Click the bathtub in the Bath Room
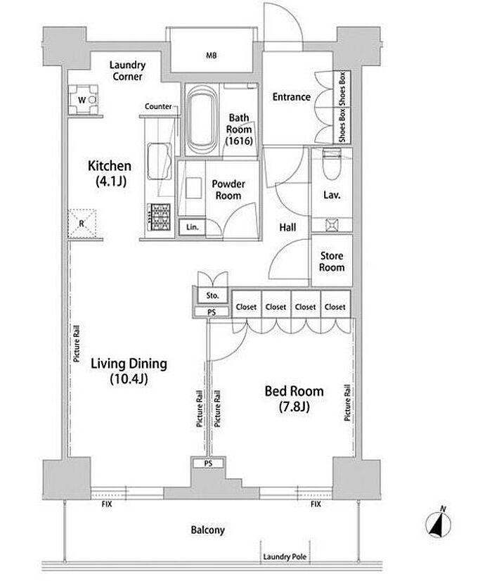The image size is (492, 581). coord(200,119)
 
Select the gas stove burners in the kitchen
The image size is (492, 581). coord(159,217)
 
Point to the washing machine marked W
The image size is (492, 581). coord(84,100)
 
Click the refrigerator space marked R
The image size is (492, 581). coord(82,223)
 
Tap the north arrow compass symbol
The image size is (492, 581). coord(439,523)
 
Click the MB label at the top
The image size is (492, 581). coord(211,56)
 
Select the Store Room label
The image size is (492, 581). coord(332,261)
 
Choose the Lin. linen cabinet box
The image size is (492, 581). coord(192,226)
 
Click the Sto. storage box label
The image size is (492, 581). coord(212,295)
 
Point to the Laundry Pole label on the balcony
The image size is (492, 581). coord(285,556)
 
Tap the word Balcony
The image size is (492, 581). coord(207,530)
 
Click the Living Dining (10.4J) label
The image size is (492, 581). coord(129,371)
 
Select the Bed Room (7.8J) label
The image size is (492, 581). coord(294,399)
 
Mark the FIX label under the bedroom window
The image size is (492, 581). coord(316,504)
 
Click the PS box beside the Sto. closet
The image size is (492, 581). coord(212,312)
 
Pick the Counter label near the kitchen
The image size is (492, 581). coord(158,107)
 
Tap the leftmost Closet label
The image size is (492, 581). coord(246,307)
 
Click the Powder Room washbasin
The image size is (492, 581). coord(193,189)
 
